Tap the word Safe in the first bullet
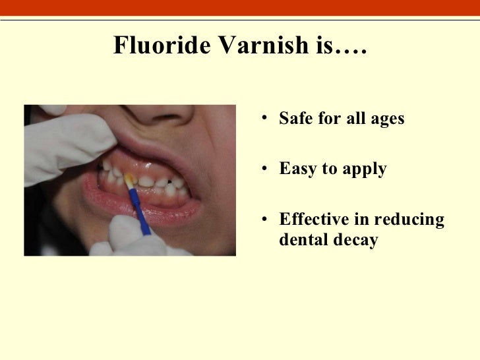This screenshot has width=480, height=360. pos(295,120)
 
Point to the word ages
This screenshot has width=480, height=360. pos(386,121)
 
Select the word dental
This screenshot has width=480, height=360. pos(302,240)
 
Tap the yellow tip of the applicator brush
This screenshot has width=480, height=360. pos(129,179)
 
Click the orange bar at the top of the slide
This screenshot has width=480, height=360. pos(240,7)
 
